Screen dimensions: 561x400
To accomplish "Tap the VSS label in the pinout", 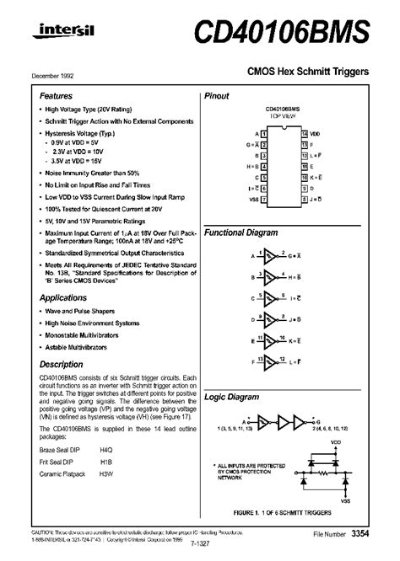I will pos(254,200).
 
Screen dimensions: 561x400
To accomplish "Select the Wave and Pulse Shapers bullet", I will pos(79,311).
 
